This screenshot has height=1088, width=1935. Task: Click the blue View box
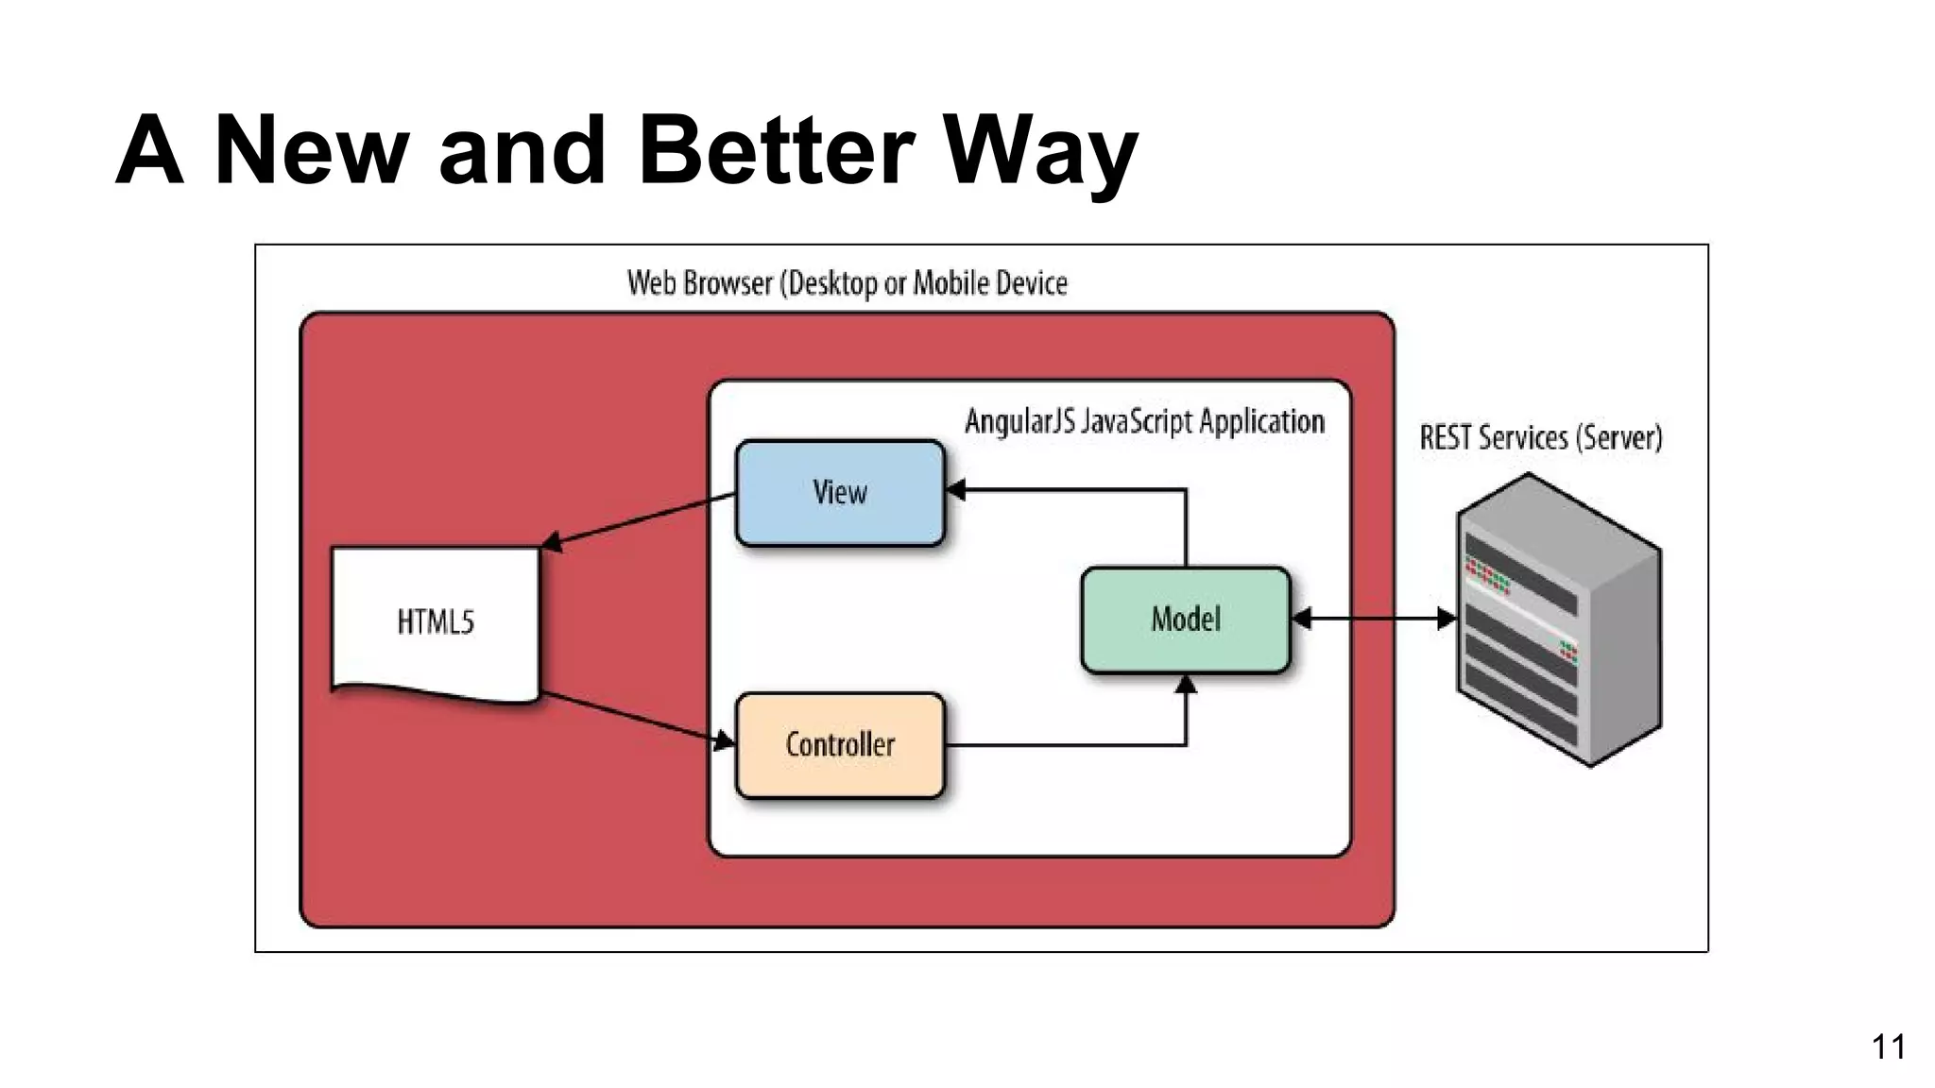point(839,493)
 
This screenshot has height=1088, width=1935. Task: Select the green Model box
point(1185,620)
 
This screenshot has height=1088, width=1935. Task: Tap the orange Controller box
point(839,745)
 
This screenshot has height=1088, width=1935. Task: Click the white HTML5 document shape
point(435,622)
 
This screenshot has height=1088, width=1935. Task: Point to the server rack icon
point(1559,620)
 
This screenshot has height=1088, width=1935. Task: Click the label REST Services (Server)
point(1540,437)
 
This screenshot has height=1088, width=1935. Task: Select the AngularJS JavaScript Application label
point(1143,421)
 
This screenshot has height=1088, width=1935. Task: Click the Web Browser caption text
point(847,282)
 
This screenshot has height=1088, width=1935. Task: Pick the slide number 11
point(1888,1046)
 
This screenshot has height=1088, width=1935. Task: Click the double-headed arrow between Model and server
point(1374,620)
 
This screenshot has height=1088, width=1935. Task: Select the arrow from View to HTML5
point(639,520)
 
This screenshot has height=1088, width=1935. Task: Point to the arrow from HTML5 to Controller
point(637,719)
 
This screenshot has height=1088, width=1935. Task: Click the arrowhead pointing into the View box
point(955,489)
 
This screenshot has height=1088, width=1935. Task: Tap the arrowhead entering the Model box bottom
point(1186,685)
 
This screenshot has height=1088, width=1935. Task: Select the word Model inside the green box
point(1185,620)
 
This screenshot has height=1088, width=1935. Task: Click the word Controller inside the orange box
point(839,745)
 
